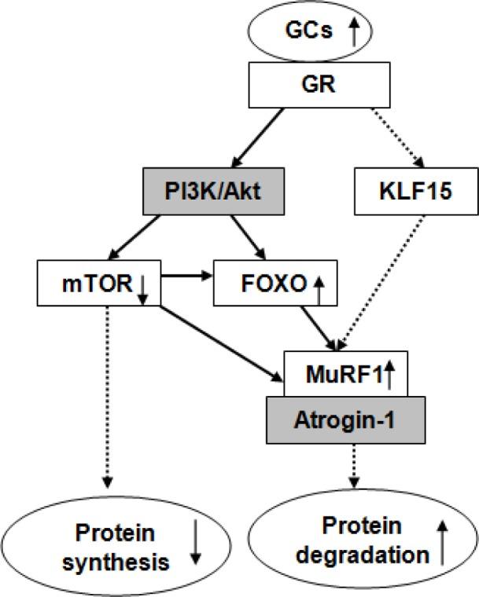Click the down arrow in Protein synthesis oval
click(x=196, y=547)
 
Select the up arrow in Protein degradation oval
click(x=442, y=544)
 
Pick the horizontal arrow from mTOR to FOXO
click(x=187, y=277)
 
